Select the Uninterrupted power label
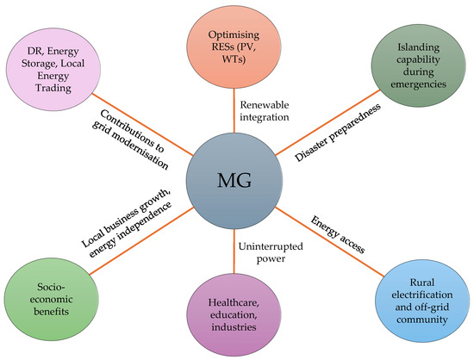click(x=265, y=252)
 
